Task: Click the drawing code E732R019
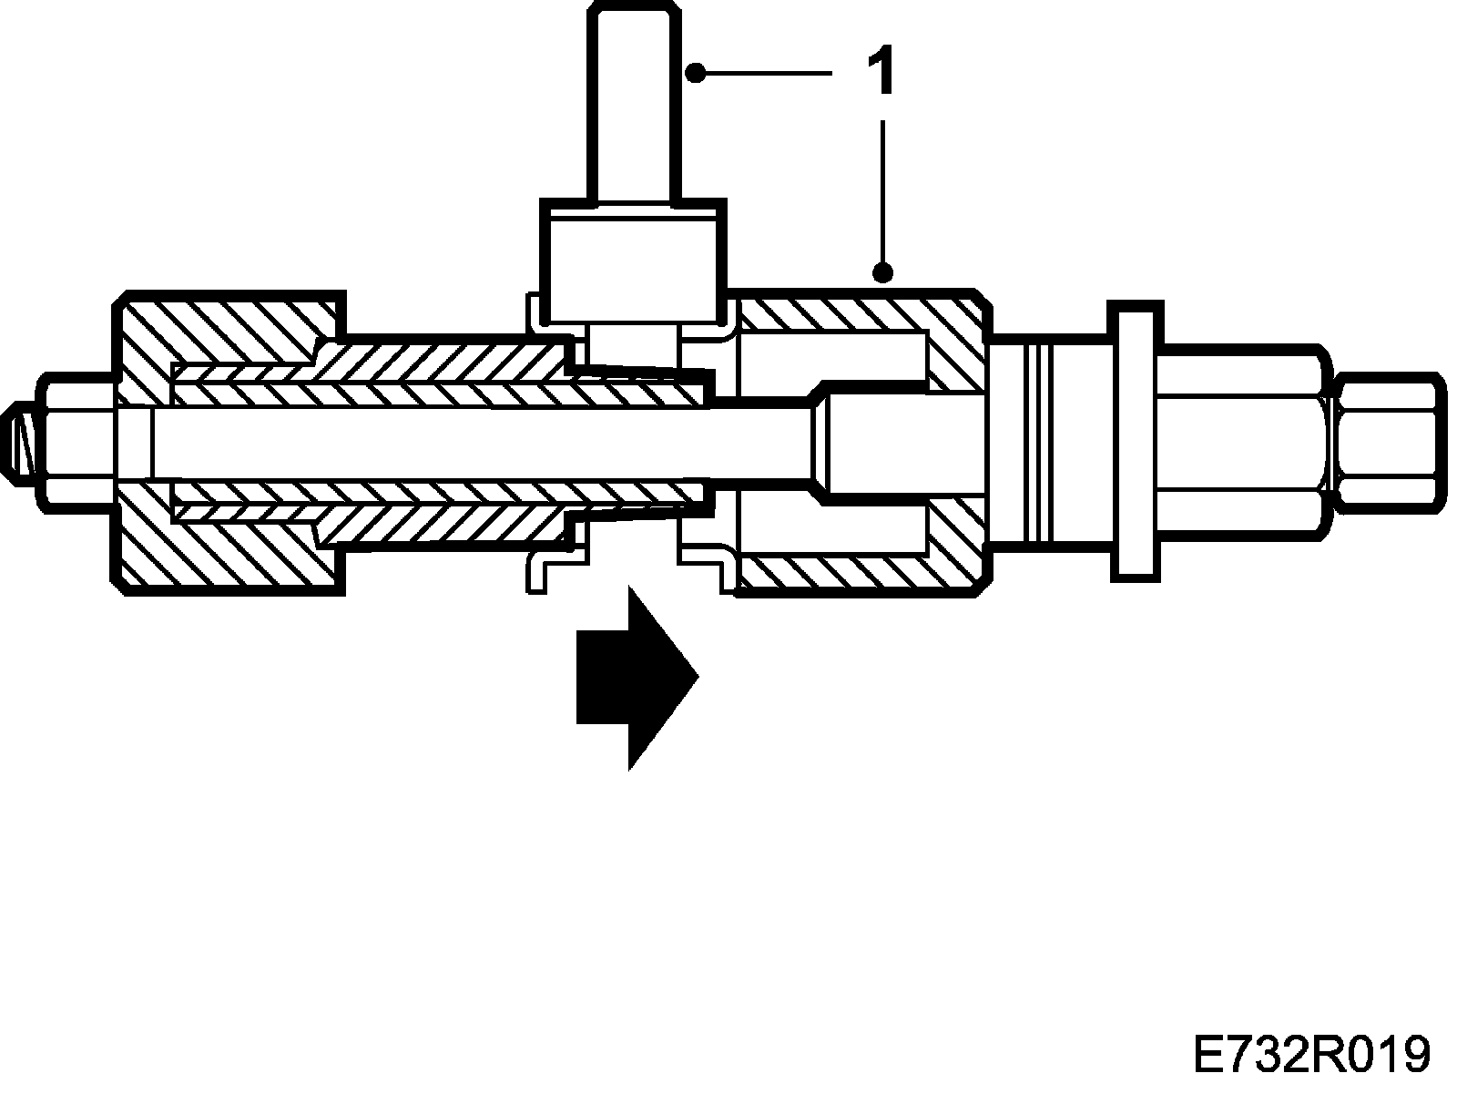pos(1311,1056)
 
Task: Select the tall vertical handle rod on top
pos(634,100)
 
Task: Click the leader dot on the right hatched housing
pos(881,271)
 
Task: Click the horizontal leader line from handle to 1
pos(765,72)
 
